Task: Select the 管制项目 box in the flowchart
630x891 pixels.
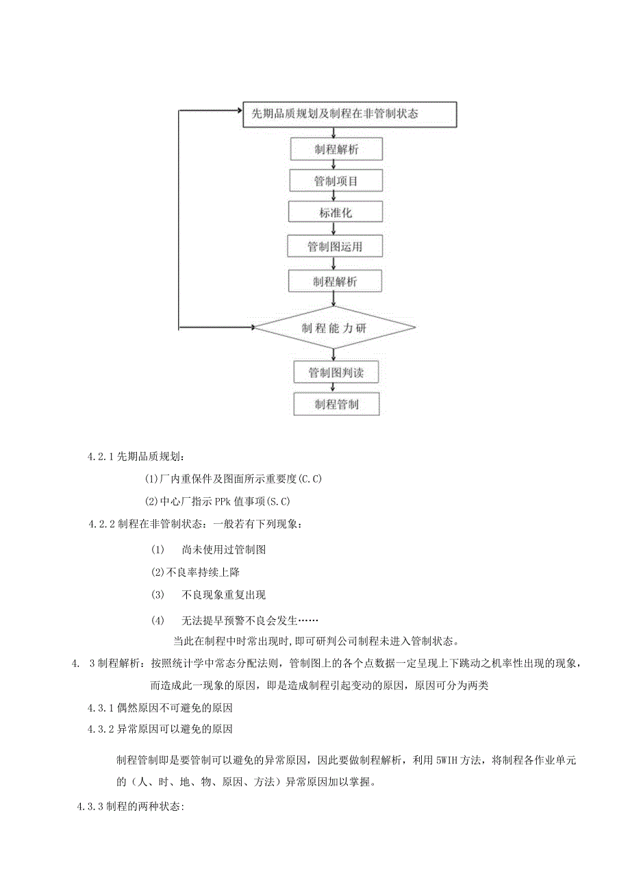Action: (x=336, y=181)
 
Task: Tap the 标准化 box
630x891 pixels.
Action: (x=333, y=212)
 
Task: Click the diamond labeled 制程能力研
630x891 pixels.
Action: (x=334, y=329)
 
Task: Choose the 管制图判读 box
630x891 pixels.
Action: (x=336, y=373)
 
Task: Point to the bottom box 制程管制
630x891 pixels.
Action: (x=336, y=404)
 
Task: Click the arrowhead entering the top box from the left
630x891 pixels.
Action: (x=239, y=110)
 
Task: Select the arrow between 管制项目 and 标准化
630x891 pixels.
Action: (x=333, y=197)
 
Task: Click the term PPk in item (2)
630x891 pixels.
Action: (x=223, y=502)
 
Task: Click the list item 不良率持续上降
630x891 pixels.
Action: (x=196, y=572)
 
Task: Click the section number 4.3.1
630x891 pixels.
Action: (x=102, y=707)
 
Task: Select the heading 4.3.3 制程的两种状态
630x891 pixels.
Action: (x=129, y=807)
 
